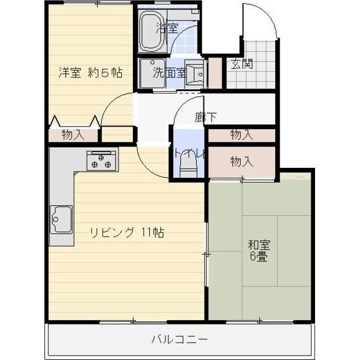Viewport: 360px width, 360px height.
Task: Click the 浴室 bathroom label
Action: (167, 27)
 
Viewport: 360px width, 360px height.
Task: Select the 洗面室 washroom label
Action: (169, 72)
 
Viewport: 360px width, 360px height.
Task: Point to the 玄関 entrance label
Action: (242, 64)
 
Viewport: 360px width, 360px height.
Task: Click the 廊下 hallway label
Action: (205, 117)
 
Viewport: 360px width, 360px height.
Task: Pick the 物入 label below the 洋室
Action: (74, 135)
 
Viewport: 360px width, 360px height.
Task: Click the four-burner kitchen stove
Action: (102, 162)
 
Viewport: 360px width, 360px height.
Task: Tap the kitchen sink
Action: (61, 218)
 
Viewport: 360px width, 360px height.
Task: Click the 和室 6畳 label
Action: (258, 250)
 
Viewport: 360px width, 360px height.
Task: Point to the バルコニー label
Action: (179, 340)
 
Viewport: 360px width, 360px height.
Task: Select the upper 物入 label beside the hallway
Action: (241, 134)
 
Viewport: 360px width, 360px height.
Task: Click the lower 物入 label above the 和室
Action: (241, 162)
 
